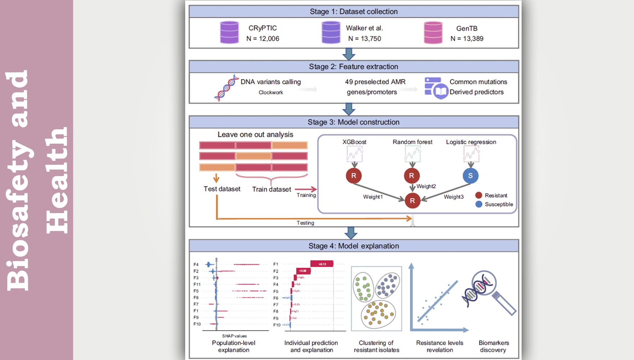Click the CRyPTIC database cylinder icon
click(229, 32)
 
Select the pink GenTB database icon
click(433, 32)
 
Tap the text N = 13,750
click(365, 39)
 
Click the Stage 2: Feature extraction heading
click(353, 67)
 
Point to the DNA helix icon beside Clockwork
click(227, 88)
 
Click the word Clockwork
click(271, 93)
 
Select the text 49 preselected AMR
click(375, 82)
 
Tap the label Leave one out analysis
click(255, 135)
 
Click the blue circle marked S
click(470, 176)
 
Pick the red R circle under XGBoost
click(354, 176)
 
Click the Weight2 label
click(426, 186)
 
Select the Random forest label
click(412, 142)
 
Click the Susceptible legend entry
click(499, 204)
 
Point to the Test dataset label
click(222, 189)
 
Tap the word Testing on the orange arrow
click(305, 223)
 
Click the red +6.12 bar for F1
click(322, 264)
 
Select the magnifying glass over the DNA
click(485, 283)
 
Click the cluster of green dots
click(363, 287)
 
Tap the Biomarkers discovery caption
click(494, 346)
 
